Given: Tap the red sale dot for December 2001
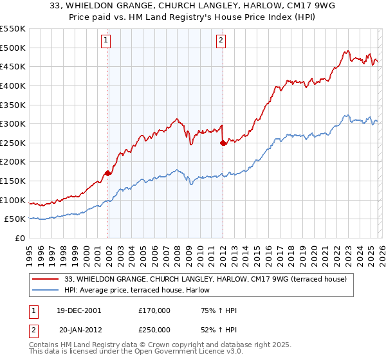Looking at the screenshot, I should [x=108, y=173].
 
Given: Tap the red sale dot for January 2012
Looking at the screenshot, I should [x=223, y=143].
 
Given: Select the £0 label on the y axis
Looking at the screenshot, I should [x=21, y=239].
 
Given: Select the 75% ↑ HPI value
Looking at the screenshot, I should [x=219, y=310].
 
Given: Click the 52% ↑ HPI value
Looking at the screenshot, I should [x=219, y=329].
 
